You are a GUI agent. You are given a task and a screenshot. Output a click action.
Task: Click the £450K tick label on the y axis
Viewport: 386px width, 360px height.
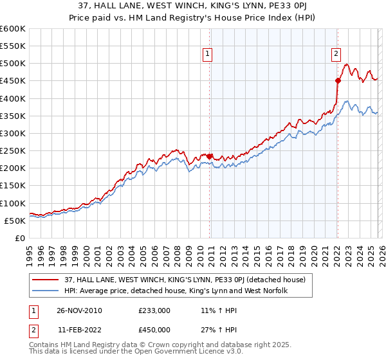(x=13, y=81)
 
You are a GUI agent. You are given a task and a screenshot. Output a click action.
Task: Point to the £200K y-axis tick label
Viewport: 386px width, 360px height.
(x=13, y=168)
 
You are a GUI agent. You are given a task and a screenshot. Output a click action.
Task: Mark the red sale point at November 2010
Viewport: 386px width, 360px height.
(x=210, y=156)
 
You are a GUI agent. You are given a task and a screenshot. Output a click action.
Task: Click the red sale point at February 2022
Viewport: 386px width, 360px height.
(x=338, y=80)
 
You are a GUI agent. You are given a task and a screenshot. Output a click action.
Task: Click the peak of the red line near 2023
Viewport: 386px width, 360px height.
(x=346, y=64)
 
